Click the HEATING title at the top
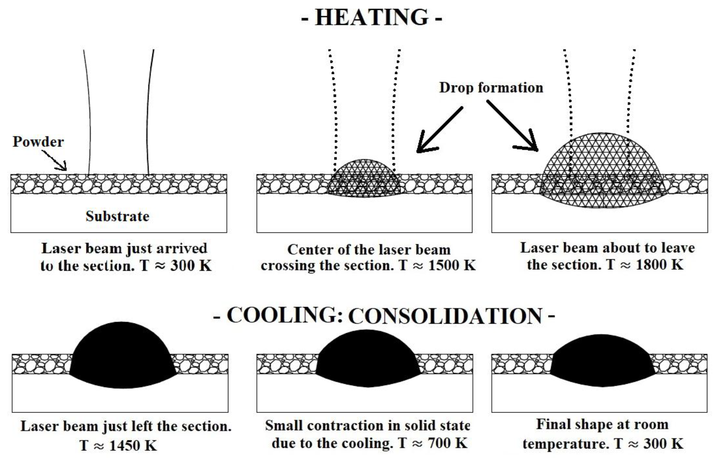pyautogui.click(x=372, y=18)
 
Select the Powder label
pyautogui.click(x=38, y=142)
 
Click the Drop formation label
pyautogui.click(x=491, y=88)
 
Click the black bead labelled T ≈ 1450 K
pyautogui.click(x=122, y=357)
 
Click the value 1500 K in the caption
pyautogui.click(x=452, y=265)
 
